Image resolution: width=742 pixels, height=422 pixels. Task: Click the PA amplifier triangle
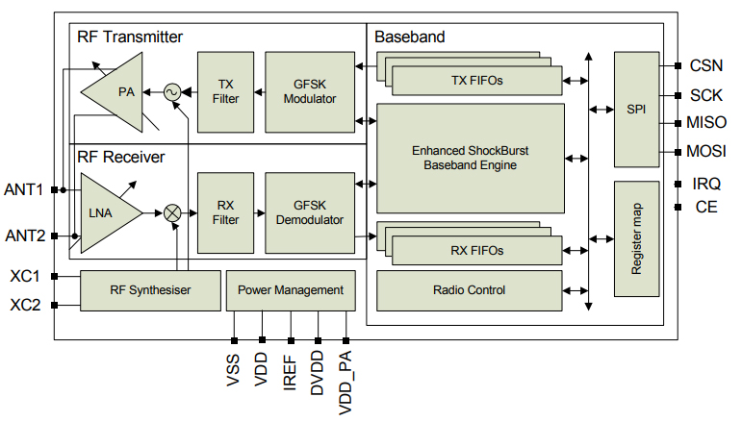tap(119, 92)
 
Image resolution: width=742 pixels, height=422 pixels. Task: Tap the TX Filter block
tap(226, 92)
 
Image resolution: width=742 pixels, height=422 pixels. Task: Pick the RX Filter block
tap(226, 212)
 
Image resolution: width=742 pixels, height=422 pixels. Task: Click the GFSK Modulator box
tap(309, 92)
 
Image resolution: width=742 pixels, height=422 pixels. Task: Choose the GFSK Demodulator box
tap(309, 212)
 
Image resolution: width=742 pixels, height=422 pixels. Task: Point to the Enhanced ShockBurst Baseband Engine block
tap(470, 158)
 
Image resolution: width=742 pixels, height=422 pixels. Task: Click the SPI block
tap(635, 110)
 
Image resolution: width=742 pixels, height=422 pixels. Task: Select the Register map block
tap(635, 238)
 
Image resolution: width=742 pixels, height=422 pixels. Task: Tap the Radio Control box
tap(469, 290)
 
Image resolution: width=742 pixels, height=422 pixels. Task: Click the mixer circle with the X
tap(173, 213)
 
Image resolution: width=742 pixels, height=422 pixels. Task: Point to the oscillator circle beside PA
tap(172, 92)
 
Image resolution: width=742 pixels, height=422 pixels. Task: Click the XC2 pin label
tap(24, 306)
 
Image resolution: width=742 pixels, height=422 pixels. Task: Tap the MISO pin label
tap(706, 123)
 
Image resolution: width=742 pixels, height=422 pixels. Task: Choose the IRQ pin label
tap(706, 183)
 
